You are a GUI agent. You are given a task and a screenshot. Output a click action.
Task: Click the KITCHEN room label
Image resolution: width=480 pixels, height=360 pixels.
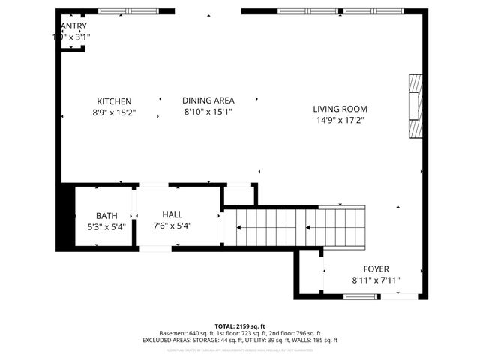click(x=114, y=101)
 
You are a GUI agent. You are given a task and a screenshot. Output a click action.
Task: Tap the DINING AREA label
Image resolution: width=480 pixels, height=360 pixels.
click(x=208, y=100)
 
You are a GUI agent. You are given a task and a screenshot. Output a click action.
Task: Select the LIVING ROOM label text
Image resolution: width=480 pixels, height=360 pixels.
click(x=340, y=109)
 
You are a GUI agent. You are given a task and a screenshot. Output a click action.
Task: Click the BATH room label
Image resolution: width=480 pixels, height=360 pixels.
click(x=106, y=216)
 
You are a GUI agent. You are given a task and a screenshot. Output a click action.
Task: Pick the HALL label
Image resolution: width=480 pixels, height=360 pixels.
click(x=172, y=214)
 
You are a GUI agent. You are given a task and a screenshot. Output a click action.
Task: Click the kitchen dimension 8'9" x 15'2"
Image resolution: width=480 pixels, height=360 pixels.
click(x=114, y=113)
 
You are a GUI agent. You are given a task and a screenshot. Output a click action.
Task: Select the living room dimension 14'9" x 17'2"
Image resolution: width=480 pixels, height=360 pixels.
click(x=340, y=120)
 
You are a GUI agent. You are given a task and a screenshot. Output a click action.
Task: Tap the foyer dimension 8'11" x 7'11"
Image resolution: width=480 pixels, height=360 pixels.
click(x=376, y=280)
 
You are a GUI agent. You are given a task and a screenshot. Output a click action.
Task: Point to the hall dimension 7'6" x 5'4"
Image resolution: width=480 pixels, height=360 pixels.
click(x=172, y=226)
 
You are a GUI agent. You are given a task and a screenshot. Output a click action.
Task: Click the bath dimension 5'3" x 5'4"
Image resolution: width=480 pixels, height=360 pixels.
click(x=106, y=226)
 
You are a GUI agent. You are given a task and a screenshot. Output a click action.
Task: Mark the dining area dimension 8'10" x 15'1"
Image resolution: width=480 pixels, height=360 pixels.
click(x=208, y=112)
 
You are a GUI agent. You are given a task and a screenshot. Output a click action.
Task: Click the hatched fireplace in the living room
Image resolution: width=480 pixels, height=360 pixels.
click(x=415, y=106)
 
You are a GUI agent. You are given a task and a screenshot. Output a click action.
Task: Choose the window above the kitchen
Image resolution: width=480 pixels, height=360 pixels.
click(x=129, y=11)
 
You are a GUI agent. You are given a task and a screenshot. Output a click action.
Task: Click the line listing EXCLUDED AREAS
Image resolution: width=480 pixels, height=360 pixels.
click(x=240, y=340)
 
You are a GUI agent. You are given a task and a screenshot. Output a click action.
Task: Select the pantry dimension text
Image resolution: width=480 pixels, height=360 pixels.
click(x=71, y=36)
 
